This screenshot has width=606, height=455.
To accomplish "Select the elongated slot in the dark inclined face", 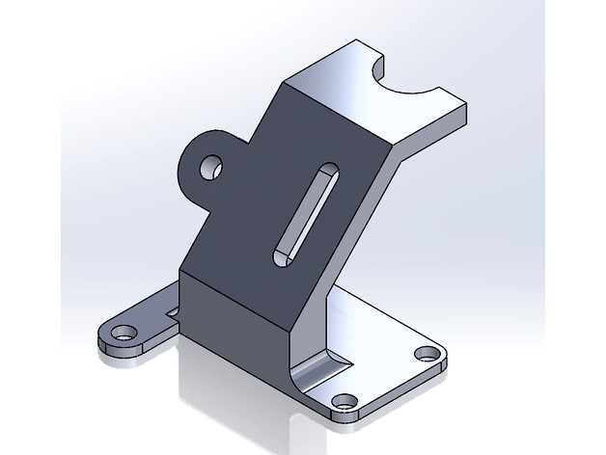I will (x=305, y=212).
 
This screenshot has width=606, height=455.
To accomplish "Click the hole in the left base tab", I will (x=123, y=335).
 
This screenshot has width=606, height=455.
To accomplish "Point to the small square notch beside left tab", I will (x=175, y=310).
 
